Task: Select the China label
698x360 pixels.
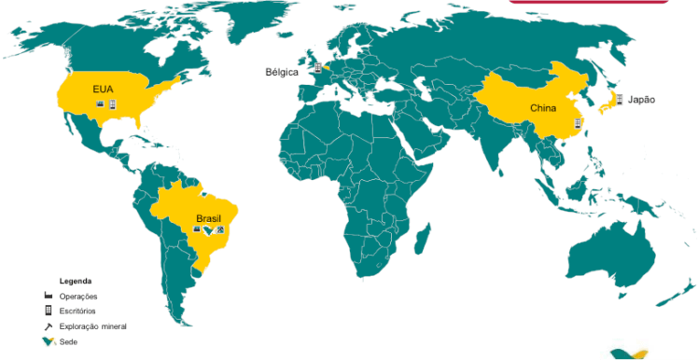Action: pyautogui.click(x=543, y=108)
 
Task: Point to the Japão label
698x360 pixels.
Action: pyautogui.click(x=641, y=99)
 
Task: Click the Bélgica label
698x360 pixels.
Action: pyautogui.click(x=283, y=71)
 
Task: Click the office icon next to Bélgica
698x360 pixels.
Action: pyautogui.click(x=317, y=67)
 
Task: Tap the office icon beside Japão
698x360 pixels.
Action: pyautogui.click(x=619, y=99)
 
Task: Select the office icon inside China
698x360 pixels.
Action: pyautogui.click(x=579, y=122)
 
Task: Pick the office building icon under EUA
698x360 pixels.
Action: pyautogui.click(x=112, y=104)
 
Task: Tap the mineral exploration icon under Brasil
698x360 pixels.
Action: pyautogui.click(x=220, y=229)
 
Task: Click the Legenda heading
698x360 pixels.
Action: pyautogui.click(x=76, y=281)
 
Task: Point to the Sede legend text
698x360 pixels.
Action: pyautogui.click(x=68, y=341)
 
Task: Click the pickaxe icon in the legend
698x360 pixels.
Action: pyautogui.click(x=47, y=326)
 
